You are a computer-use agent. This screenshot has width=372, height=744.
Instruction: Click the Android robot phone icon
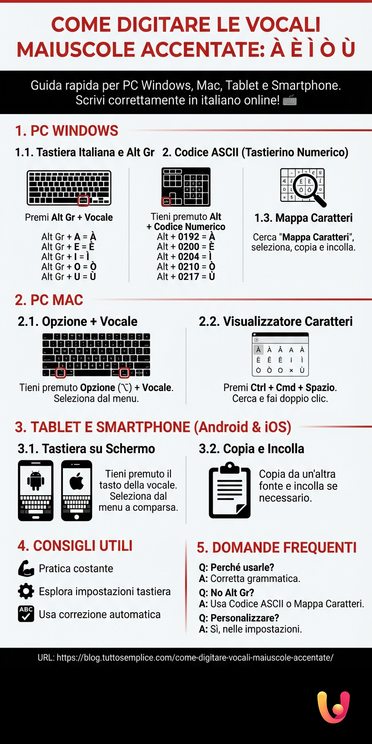click(35, 490)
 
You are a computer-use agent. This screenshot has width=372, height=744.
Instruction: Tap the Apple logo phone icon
click(77, 490)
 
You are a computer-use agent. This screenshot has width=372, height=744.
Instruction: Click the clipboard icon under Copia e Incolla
click(230, 490)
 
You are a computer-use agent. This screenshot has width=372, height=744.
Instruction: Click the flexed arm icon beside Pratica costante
click(26, 568)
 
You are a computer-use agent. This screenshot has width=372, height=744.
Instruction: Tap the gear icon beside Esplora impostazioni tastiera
click(26, 591)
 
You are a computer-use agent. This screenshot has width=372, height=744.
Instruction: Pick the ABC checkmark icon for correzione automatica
click(26, 614)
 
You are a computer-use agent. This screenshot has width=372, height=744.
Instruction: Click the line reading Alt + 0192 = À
click(186, 237)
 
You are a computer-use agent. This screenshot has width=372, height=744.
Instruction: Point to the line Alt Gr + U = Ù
click(69, 276)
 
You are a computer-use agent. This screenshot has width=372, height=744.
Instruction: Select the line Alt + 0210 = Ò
click(186, 267)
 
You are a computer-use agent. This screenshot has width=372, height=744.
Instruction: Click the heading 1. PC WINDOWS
click(67, 130)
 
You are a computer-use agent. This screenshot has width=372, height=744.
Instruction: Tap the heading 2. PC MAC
click(49, 299)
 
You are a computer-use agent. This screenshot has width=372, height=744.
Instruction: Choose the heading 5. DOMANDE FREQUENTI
click(277, 548)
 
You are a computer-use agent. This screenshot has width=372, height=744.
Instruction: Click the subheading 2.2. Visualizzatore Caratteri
click(276, 321)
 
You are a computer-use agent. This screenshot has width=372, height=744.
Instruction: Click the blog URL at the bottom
click(186, 658)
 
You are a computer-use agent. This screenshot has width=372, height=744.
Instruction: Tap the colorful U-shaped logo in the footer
click(333, 707)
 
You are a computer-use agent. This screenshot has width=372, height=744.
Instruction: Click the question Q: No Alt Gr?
click(227, 593)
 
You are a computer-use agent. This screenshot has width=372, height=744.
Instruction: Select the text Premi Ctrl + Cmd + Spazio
click(280, 388)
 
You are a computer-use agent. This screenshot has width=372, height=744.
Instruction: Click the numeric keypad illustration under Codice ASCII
click(186, 187)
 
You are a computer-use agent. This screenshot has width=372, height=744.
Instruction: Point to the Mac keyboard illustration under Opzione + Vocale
click(96, 355)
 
